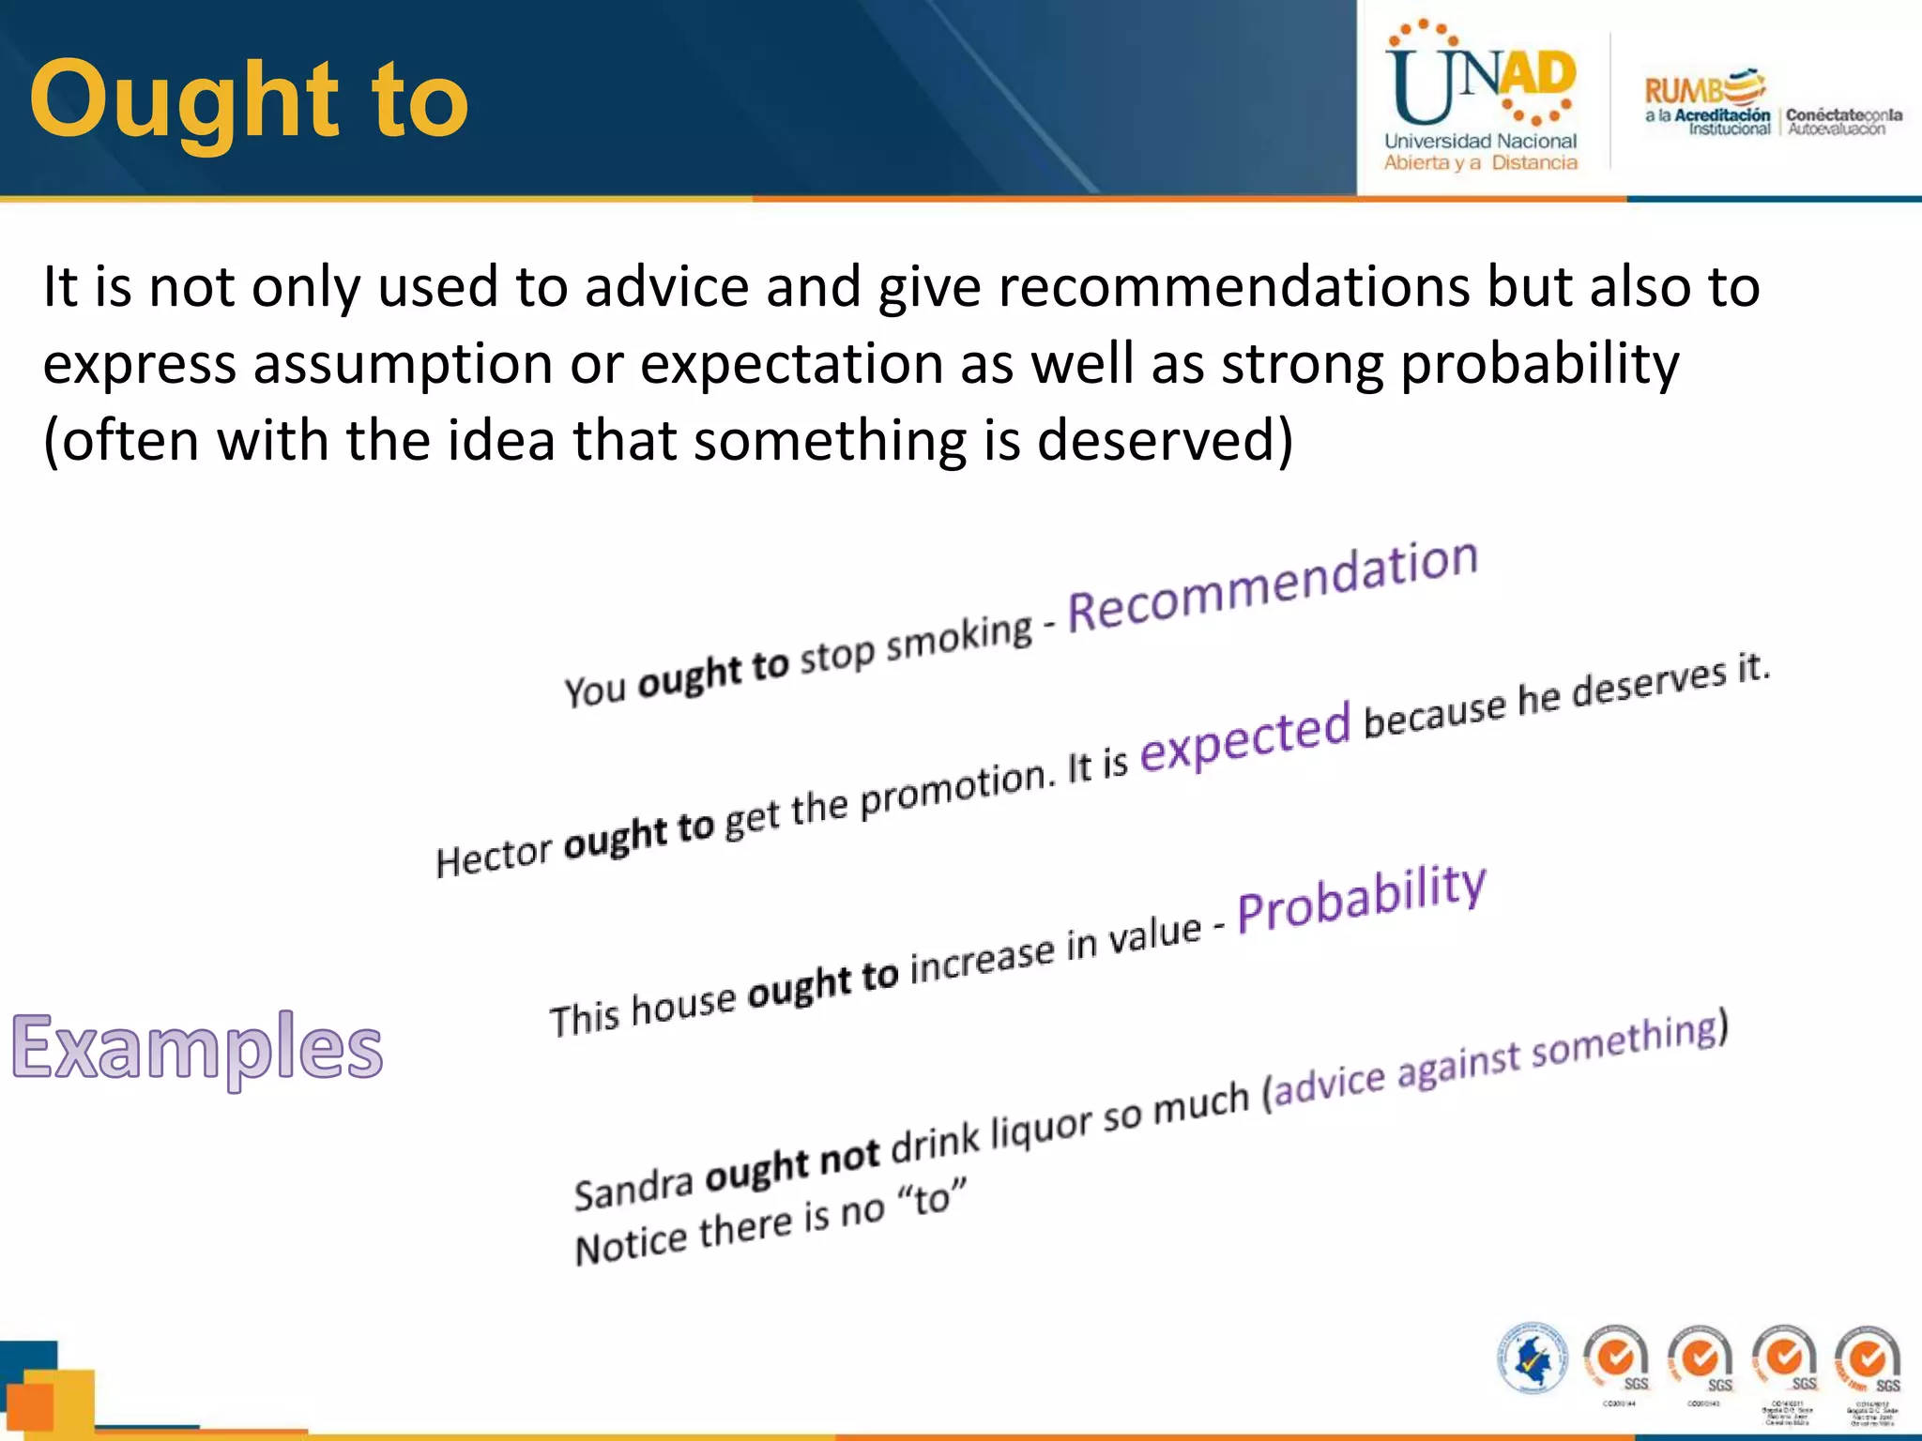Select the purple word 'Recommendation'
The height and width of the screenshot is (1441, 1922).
[1273, 587]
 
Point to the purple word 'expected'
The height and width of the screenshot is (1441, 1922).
[1244, 737]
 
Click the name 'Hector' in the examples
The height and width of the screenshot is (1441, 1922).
[495, 855]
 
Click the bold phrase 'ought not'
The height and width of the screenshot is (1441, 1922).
[792, 1163]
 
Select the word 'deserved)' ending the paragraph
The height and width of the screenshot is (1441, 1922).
[1164, 440]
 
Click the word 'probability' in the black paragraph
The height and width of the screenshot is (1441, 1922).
[1539, 364]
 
